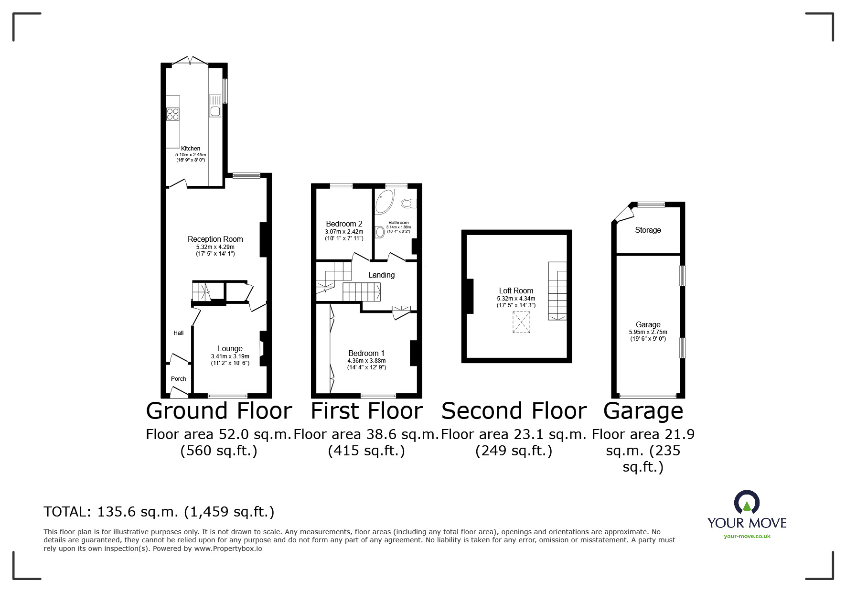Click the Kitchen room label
click(x=190, y=148)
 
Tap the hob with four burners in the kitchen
click(x=172, y=114)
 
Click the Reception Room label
click(x=215, y=239)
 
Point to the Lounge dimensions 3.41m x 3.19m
click(x=230, y=356)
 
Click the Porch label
click(x=178, y=379)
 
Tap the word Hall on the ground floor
click(x=178, y=333)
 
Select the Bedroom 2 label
click(x=344, y=224)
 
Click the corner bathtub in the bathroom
click(x=384, y=201)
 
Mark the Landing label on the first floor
click(x=381, y=275)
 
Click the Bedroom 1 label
click(x=366, y=353)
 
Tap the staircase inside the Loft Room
click(x=557, y=291)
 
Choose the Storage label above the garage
click(x=648, y=230)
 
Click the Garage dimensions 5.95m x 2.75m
click(x=648, y=332)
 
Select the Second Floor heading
click(x=514, y=411)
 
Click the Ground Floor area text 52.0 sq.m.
click(x=218, y=434)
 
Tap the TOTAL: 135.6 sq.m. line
click(x=159, y=512)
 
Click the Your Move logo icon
click(x=747, y=503)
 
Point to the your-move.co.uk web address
click(x=747, y=536)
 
